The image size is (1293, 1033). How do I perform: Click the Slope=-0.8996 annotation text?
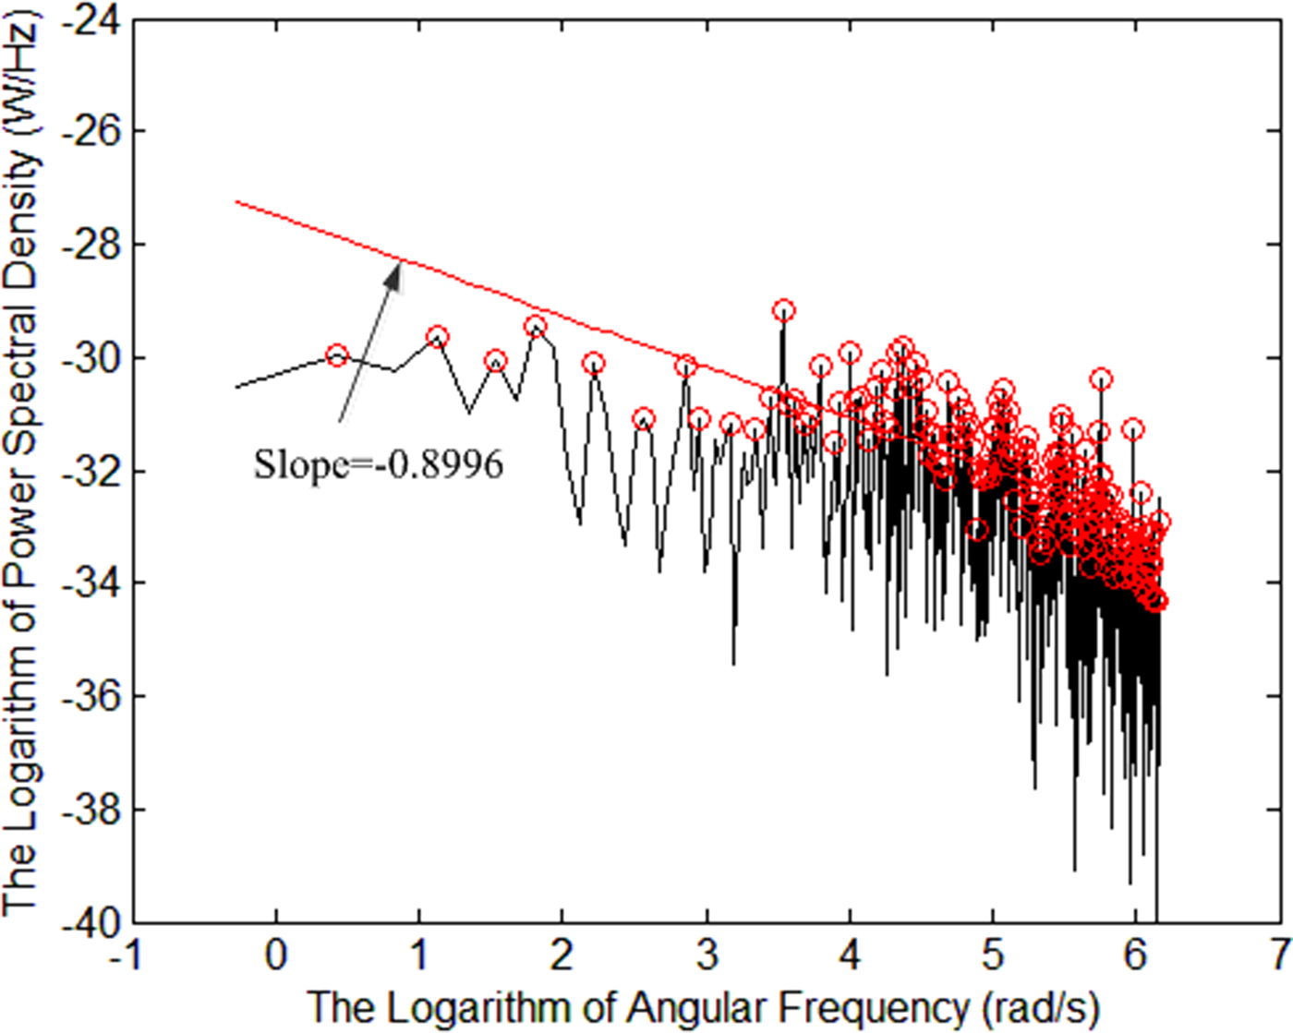coord(379,463)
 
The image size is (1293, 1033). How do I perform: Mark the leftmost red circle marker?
coord(337,355)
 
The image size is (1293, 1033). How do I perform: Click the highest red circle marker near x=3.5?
coord(783,310)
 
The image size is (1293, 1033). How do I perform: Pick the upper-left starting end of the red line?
coord(236,201)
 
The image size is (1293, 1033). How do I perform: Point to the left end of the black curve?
coord(236,388)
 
